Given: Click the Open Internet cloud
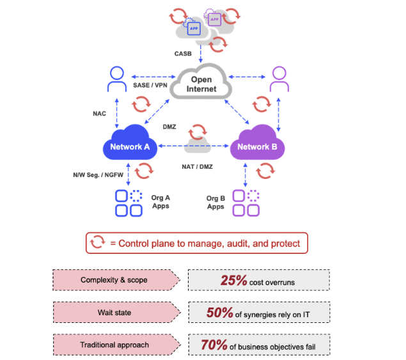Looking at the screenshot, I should coord(201,84).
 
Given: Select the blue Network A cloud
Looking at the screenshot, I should coord(130,146).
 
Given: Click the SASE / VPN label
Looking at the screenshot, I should coord(149,84).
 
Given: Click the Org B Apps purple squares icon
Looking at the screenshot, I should coord(246,203).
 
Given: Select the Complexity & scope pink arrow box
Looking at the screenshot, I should coord(115,280).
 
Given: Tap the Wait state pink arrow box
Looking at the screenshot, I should coord(115,313).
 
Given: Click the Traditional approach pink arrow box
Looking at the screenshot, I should coord(115,345).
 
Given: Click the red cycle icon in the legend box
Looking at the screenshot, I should coord(98,243).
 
